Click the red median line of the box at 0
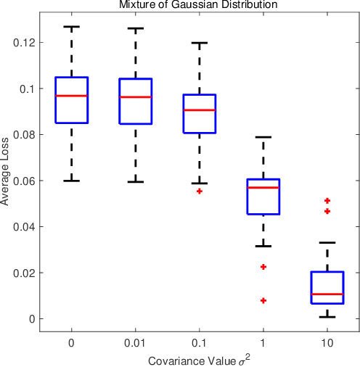tap(72, 96)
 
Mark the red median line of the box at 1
tap(263, 187)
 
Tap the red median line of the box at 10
tap(327, 294)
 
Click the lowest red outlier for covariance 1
tap(263, 300)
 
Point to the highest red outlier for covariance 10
tap(327, 200)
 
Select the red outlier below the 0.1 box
tap(200, 191)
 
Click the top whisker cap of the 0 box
tap(72, 27)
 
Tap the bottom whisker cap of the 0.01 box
tap(136, 182)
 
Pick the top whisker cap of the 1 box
tap(263, 137)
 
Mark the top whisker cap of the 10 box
tap(327, 242)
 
